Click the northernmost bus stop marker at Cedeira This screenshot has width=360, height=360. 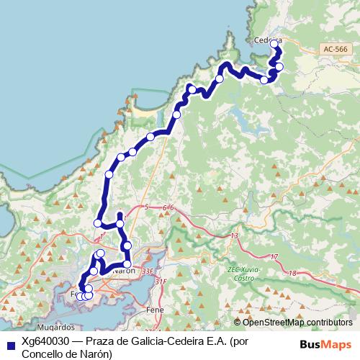pos(274,44)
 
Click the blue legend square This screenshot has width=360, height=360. pos(9,343)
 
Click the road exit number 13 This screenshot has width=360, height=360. pos(234,236)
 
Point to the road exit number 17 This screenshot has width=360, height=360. pos(274,257)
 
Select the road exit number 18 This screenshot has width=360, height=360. pos(292,273)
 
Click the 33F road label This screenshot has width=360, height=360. pos(148,271)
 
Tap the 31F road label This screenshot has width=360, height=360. pos(160,282)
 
